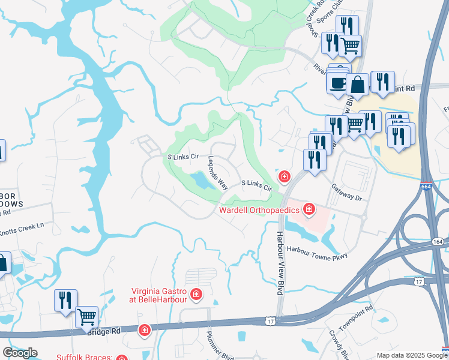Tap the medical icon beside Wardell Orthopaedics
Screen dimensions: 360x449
(309, 209)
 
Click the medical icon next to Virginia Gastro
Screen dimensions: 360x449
(196, 294)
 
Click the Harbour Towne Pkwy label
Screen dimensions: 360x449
(317, 252)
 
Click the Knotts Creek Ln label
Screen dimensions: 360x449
(22, 226)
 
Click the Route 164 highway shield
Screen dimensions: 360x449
(438, 242)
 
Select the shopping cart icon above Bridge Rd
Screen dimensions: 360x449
(88, 316)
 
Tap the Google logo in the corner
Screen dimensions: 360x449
(20, 353)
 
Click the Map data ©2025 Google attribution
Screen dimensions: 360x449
(412, 355)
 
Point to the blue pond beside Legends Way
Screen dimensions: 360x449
(200, 179)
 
